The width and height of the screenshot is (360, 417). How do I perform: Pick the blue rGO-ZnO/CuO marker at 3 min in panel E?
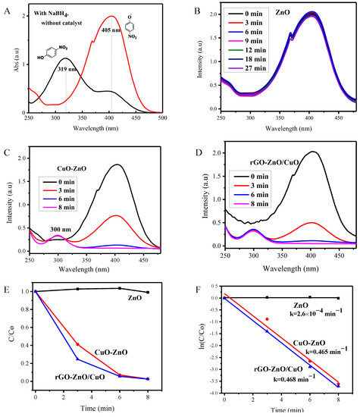coord(77,359)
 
